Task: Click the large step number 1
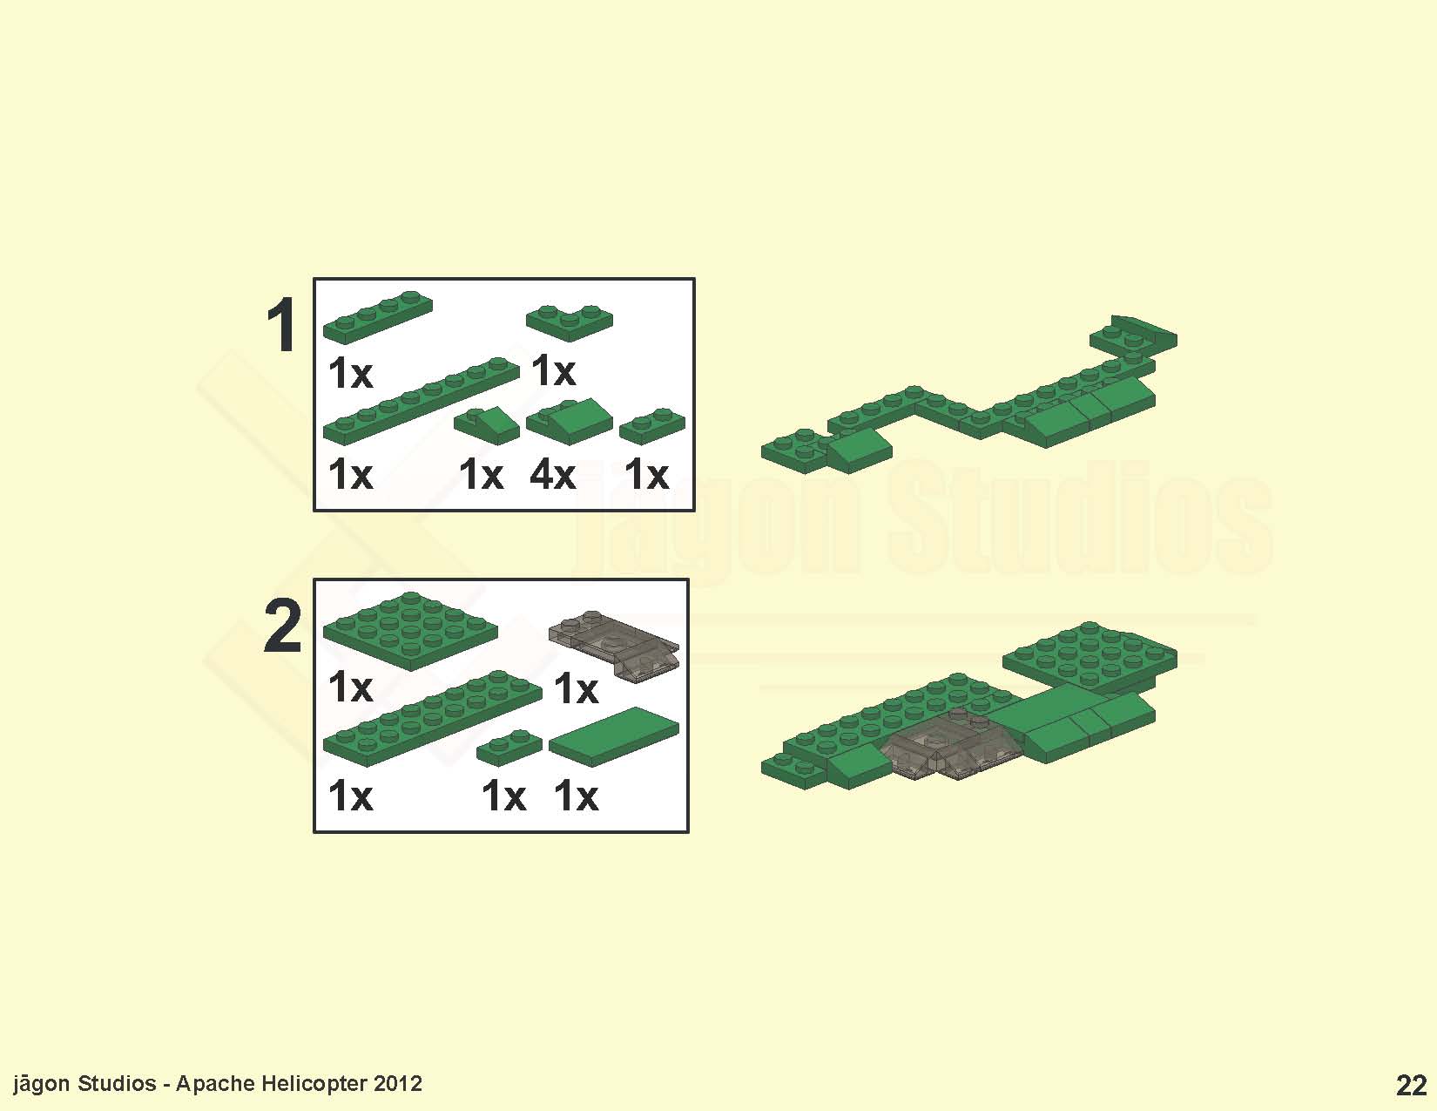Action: (282, 325)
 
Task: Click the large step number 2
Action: (283, 626)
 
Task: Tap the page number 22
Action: (1412, 1086)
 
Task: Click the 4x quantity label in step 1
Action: (553, 474)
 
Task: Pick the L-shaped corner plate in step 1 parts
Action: (570, 322)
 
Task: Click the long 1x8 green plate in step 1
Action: (422, 401)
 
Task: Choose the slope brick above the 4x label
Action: (570, 421)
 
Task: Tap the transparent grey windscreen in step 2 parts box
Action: (614, 646)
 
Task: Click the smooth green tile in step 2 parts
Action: (614, 736)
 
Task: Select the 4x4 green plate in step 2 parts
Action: (410, 631)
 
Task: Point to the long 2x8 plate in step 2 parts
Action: (433, 719)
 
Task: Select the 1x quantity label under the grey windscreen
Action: (576, 688)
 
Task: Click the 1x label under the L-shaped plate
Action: (554, 370)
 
